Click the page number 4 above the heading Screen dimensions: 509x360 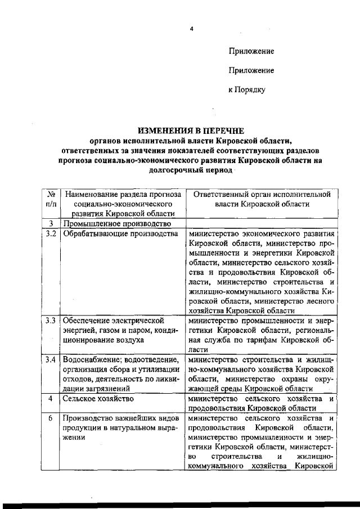pyautogui.click(x=191, y=29)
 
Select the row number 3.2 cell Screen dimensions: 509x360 pyautogui.click(x=50, y=233)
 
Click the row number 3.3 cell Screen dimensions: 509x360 pyautogui.click(x=50, y=321)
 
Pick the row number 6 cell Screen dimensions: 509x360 pyautogui.click(x=50, y=418)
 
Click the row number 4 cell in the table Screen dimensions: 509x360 pyautogui.click(x=50, y=399)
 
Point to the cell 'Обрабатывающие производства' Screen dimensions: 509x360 pyautogui.click(x=116, y=233)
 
